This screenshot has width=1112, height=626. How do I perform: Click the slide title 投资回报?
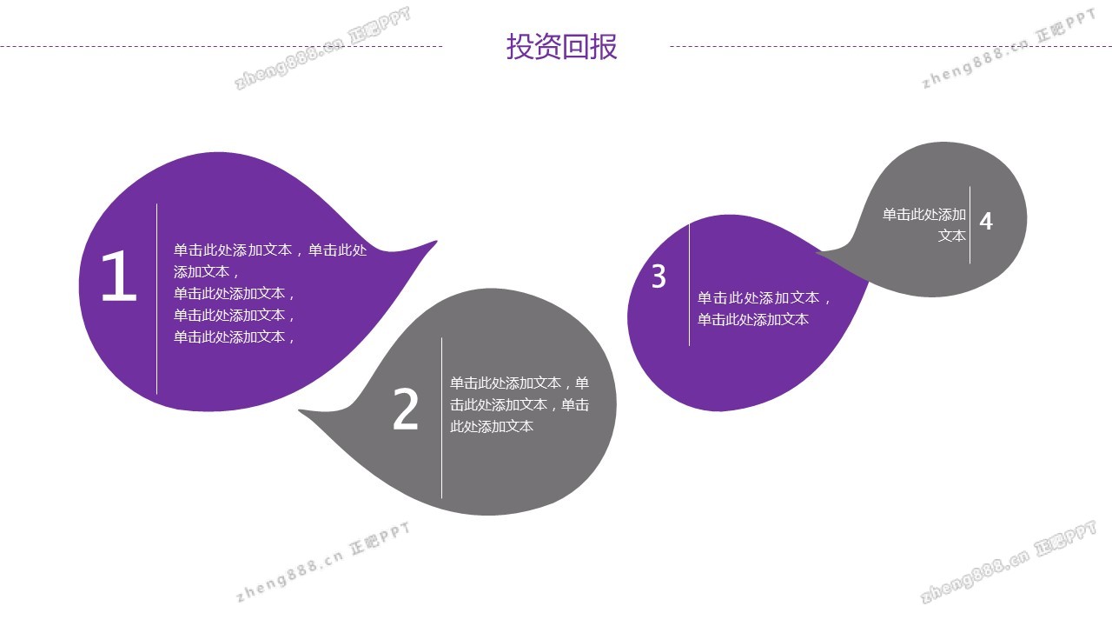point(561,47)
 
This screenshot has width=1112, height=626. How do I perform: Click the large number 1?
point(119,277)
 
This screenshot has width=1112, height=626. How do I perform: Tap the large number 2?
point(406,410)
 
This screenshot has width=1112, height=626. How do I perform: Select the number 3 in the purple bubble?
point(659,277)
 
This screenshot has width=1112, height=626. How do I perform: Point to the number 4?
point(986,222)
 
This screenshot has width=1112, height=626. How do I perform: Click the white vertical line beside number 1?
point(157,300)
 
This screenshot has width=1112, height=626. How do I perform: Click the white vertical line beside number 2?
point(442,417)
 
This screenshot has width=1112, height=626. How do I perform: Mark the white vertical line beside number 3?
point(690,285)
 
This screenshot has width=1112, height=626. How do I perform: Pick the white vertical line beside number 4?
point(970,224)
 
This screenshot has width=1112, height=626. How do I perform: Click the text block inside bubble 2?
point(520,404)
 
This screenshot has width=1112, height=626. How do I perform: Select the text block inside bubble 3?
point(764,309)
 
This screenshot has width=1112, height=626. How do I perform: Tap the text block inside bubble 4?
point(924,224)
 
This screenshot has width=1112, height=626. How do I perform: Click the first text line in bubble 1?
point(270,250)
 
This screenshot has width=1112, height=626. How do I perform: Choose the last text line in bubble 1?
point(235,337)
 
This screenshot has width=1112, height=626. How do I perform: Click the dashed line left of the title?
point(222,47)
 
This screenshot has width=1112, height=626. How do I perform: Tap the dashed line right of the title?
point(890,47)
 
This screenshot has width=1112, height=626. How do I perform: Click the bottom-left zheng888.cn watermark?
point(321,563)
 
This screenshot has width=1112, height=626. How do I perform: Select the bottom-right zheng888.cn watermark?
point(1008,563)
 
